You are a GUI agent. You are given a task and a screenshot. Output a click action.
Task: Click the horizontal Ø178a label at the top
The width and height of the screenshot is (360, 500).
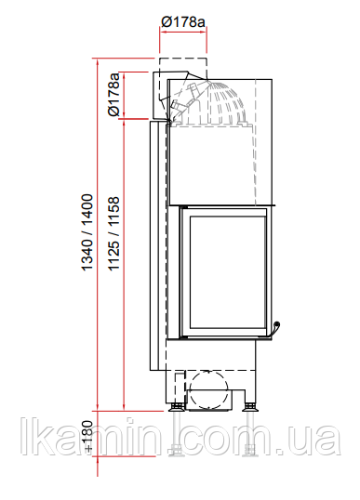tap(183, 21)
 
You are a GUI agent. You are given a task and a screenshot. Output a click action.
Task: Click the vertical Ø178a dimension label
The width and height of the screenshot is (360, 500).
tap(113, 95)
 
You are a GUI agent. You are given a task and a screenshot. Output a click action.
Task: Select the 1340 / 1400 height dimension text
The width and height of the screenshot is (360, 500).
tap(87, 232)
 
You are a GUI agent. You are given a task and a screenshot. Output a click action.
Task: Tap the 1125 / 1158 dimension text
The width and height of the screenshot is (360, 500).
tap(113, 234)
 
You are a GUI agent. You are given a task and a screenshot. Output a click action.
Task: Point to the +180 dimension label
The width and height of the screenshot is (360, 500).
tap(88, 436)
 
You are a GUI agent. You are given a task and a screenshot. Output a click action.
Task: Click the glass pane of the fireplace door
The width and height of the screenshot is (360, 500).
tap(228, 272)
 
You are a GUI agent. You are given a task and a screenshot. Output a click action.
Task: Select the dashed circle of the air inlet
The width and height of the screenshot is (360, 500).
tap(207, 389)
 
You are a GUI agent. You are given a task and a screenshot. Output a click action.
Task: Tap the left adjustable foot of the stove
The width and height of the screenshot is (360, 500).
tap(176, 407)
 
